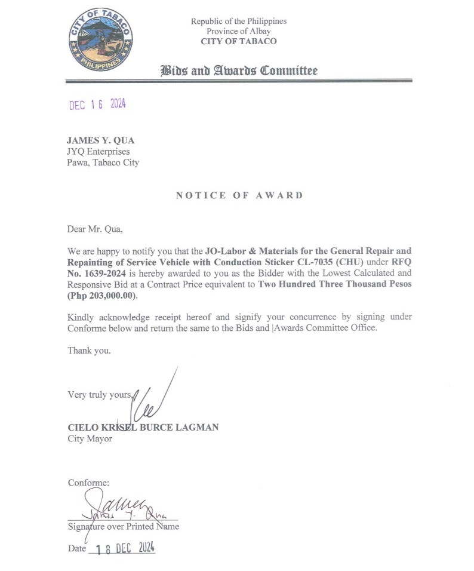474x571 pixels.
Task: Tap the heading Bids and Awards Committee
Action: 239,71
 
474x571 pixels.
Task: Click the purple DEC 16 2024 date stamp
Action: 97,105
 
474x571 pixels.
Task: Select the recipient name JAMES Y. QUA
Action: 100,140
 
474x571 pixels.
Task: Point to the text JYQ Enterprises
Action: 98,152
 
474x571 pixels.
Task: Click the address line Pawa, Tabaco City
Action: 103,162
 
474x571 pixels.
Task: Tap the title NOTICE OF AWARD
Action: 239,195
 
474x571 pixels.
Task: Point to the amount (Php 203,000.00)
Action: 103,296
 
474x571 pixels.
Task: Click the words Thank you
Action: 89,351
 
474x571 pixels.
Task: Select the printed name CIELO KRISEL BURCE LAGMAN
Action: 143,428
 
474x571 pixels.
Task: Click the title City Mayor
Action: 90,439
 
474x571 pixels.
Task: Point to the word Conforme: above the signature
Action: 88,483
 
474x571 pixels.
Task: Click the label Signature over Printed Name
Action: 123,527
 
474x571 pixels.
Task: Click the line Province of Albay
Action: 239,31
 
